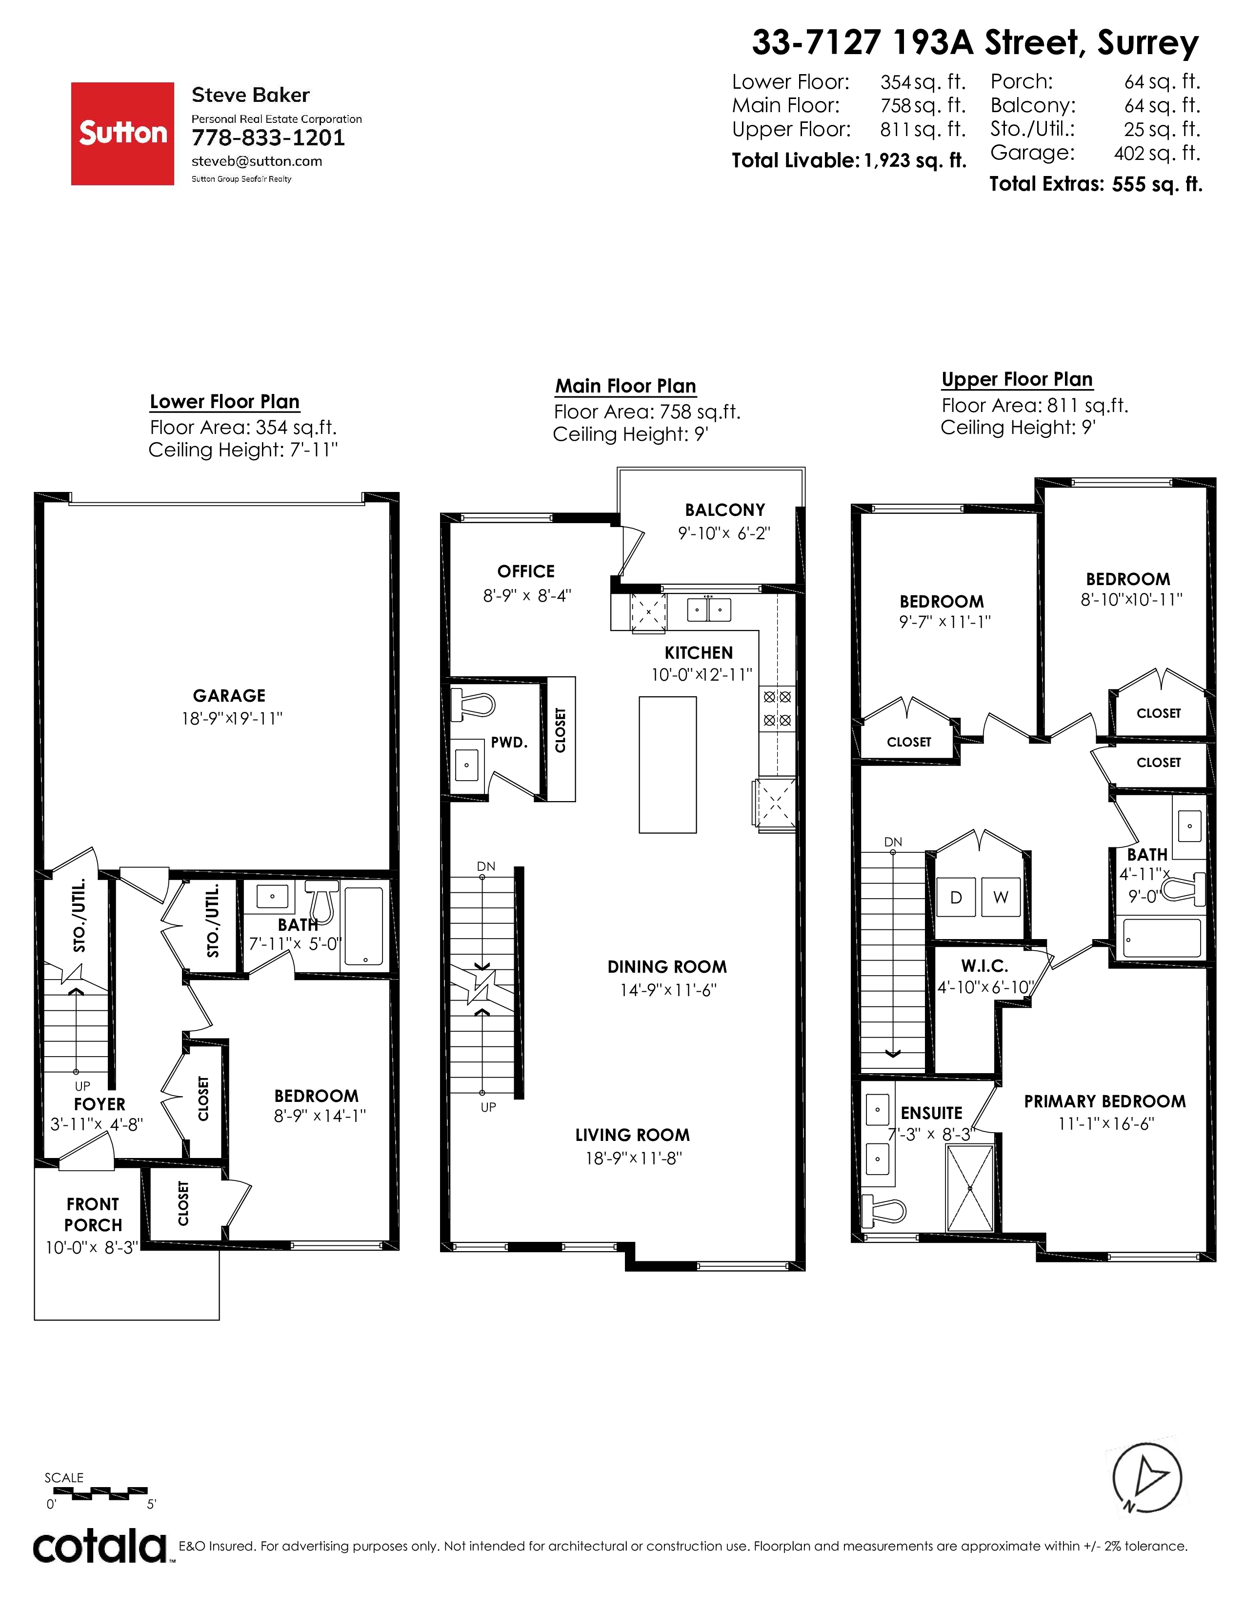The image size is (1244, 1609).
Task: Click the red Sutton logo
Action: tap(122, 133)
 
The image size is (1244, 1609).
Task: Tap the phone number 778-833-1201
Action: tap(268, 138)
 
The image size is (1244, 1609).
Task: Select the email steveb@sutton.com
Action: tap(257, 161)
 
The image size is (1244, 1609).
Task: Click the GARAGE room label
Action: tap(229, 695)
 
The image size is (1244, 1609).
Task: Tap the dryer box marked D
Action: tap(956, 897)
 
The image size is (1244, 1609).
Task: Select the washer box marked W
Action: tap(1001, 897)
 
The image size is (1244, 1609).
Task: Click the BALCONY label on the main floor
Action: tap(725, 510)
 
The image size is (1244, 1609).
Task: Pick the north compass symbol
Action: tap(1147, 1476)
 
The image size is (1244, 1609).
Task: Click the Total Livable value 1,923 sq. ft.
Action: tap(915, 160)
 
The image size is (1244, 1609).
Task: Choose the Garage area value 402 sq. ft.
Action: tap(1157, 153)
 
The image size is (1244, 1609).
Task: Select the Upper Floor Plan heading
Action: tap(1017, 379)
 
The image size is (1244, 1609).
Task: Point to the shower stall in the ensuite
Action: tap(970, 1188)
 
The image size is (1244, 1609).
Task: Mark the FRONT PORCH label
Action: tap(93, 1215)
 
